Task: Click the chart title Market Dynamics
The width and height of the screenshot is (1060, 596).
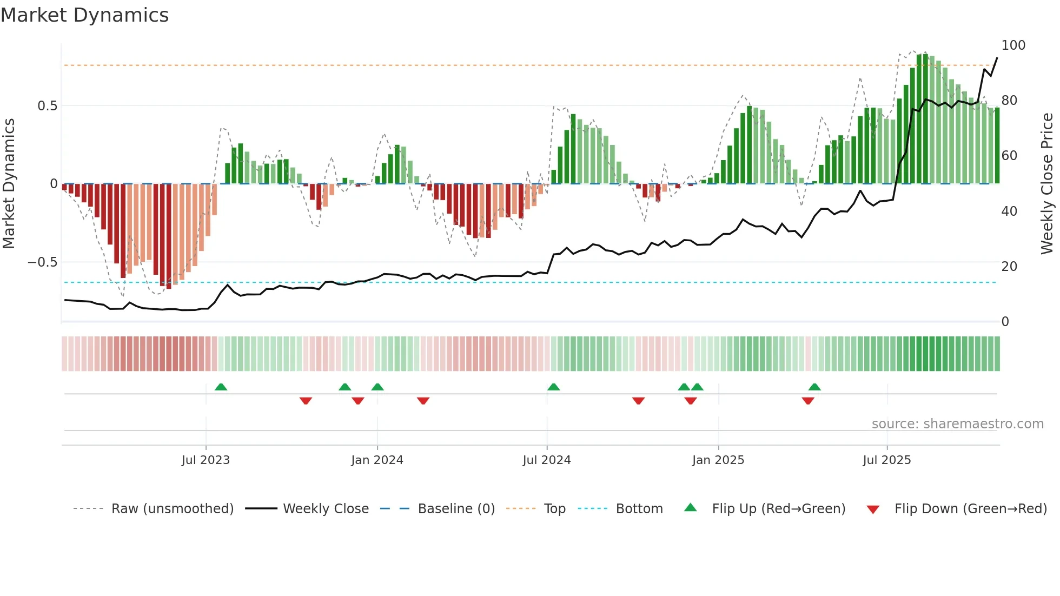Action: click(85, 15)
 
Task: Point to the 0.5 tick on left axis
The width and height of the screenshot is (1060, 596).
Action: click(47, 106)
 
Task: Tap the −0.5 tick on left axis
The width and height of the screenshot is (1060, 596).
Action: click(43, 262)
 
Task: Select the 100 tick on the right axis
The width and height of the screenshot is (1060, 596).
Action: click(1013, 45)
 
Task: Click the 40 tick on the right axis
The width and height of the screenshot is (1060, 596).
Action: click(1009, 211)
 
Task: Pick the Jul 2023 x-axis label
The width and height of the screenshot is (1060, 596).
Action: click(206, 460)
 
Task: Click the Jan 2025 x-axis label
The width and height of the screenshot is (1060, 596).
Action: click(718, 460)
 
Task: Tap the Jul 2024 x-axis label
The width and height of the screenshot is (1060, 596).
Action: click(546, 460)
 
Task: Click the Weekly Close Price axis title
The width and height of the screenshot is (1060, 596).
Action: click(1047, 184)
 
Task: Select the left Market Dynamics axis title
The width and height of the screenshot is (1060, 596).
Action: click(9, 184)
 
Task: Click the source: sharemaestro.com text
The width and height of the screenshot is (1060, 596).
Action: click(957, 424)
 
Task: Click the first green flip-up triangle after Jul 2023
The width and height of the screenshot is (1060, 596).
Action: click(221, 387)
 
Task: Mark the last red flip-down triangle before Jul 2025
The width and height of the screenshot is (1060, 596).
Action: click(808, 401)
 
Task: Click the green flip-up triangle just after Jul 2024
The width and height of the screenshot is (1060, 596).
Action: click(553, 387)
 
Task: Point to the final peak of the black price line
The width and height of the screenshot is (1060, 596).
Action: click(997, 58)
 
